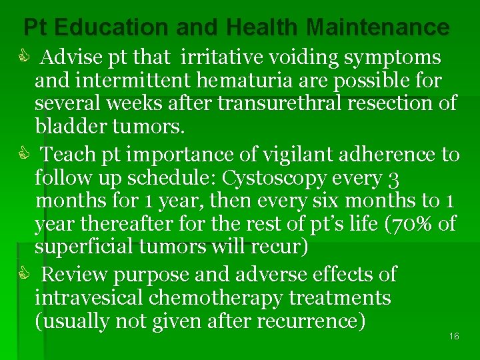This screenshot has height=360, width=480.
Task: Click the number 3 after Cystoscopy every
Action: tap(394, 179)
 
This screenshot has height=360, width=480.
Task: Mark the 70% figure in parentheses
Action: tap(417, 224)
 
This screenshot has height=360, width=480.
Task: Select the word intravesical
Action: tap(89, 297)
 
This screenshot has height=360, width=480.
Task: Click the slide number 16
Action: tap(454, 337)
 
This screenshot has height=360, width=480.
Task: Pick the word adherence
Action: tap(385, 155)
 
